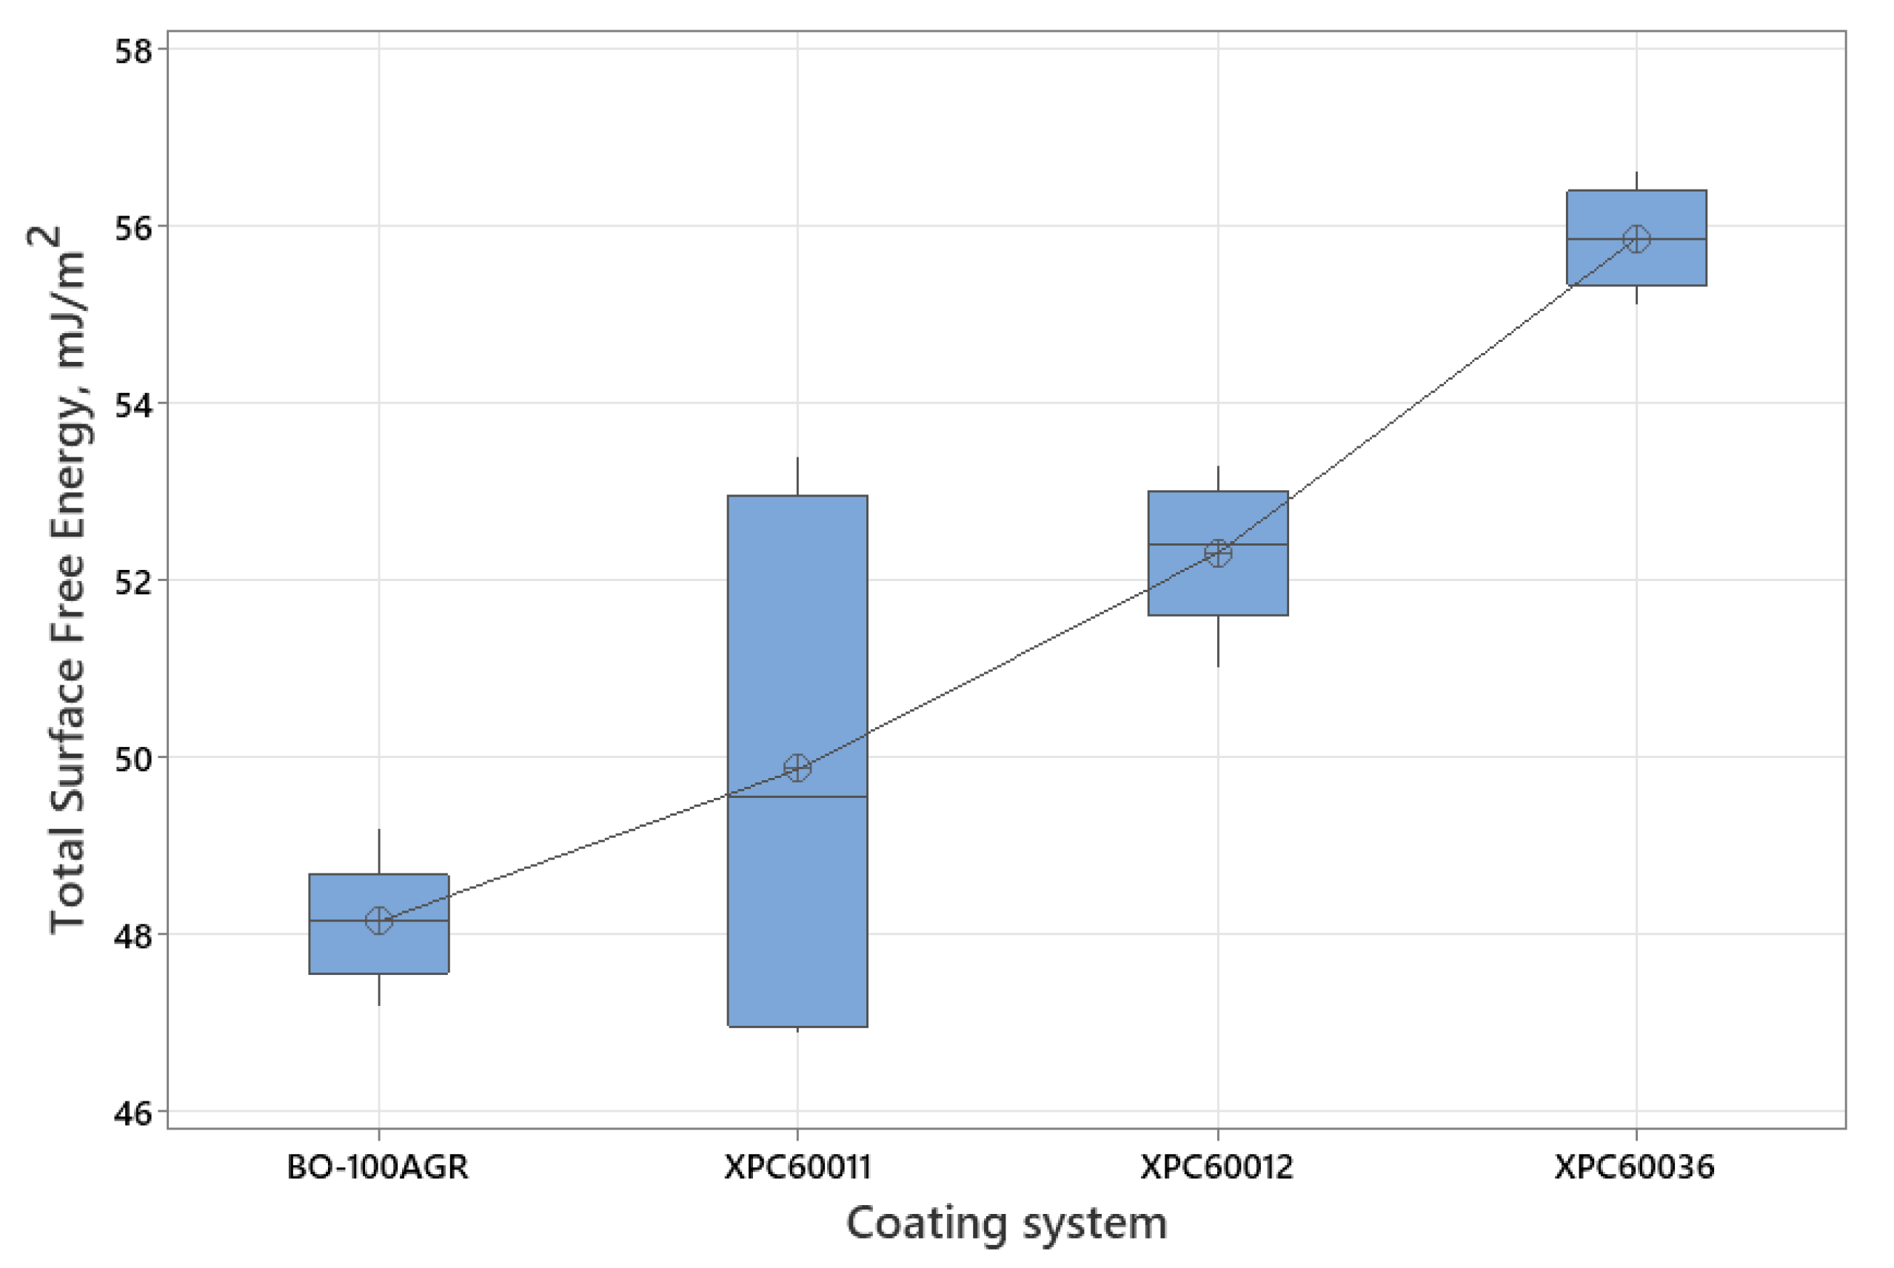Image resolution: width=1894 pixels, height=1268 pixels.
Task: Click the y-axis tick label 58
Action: [x=133, y=51]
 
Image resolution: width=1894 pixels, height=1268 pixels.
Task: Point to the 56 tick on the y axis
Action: [x=133, y=228]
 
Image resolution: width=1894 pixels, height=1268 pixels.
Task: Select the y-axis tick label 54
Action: [x=133, y=405]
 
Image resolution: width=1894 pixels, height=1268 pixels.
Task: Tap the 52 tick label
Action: [x=133, y=583]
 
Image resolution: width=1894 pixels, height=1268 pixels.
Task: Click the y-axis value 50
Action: [x=133, y=759]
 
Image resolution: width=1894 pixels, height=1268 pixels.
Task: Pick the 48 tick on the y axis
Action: [x=133, y=936]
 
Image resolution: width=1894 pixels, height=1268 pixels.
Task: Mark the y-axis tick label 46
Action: [x=133, y=1113]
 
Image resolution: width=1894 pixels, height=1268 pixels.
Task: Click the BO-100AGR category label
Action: [x=378, y=1167]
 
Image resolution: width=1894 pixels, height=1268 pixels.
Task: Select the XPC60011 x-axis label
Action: [x=797, y=1167]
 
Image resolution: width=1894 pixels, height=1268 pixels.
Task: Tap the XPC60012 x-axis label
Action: [x=1217, y=1167]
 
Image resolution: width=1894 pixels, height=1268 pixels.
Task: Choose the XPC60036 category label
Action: [x=1634, y=1167]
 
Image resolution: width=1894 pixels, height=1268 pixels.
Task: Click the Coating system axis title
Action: [x=1007, y=1224]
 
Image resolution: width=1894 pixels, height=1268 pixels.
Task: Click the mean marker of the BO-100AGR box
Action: [x=378, y=920]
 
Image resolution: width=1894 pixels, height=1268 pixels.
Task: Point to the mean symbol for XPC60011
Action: [x=797, y=768]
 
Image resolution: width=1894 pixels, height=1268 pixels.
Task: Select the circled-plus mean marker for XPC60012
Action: [x=1218, y=553]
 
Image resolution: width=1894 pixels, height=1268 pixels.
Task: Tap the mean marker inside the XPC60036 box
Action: [x=1637, y=238]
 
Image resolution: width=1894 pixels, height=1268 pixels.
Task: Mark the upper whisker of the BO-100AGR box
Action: [x=378, y=851]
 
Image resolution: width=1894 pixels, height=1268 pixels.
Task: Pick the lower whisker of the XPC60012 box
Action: [x=1218, y=641]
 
